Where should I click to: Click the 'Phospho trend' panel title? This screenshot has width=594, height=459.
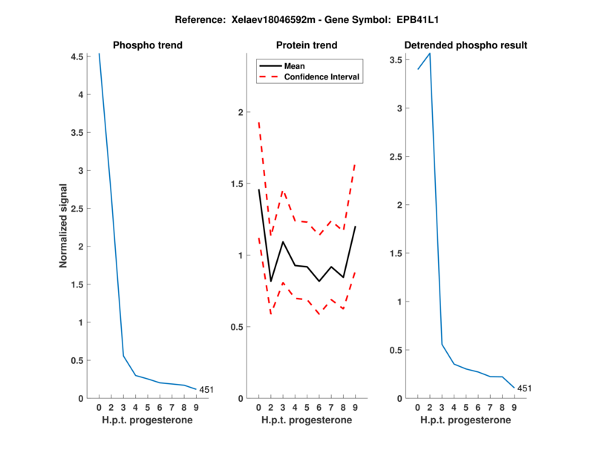pyautogui.click(x=147, y=45)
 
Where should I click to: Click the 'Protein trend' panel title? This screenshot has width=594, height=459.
pyautogui.click(x=306, y=45)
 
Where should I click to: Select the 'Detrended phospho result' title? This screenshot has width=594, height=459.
pyautogui.click(x=466, y=45)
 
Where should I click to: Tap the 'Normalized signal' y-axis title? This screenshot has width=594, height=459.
pyautogui.click(x=64, y=226)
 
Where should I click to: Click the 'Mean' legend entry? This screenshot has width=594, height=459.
pyautogui.click(x=295, y=65)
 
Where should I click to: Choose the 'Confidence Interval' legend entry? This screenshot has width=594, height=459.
pyautogui.click(x=322, y=76)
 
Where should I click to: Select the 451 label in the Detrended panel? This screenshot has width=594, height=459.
pyautogui.click(x=525, y=388)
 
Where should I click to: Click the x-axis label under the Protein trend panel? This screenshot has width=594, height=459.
pyautogui.click(x=306, y=420)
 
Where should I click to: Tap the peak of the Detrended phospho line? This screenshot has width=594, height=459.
pyautogui.click(x=429, y=53)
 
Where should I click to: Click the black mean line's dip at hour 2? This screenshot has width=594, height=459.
pyautogui.click(x=271, y=281)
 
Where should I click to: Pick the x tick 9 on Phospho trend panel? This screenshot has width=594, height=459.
pyautogui.click(x=196, y=408)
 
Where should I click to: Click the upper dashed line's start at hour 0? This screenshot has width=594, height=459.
pyautogui.click(x=258, y=123)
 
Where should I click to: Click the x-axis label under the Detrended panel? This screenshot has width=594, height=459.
pyautogui.click(x=466, y=420)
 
